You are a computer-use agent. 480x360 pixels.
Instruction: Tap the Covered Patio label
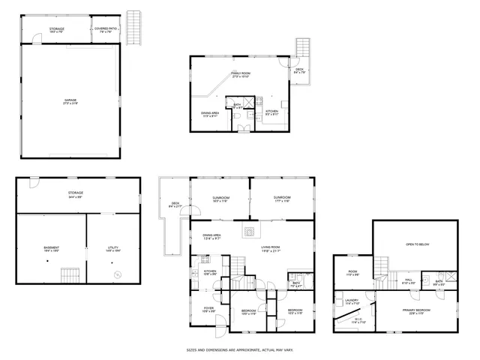(104, 31)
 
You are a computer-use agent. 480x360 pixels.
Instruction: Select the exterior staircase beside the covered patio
(136, 27)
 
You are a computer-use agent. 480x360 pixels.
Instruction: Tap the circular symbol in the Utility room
(116, 274)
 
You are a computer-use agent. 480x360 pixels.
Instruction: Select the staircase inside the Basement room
(70, 274)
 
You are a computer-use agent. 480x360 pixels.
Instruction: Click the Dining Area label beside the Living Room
(211, 236)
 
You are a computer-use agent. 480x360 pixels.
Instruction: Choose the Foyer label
(208, 310)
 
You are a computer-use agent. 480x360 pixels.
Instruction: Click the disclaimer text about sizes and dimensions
(239, 349)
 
